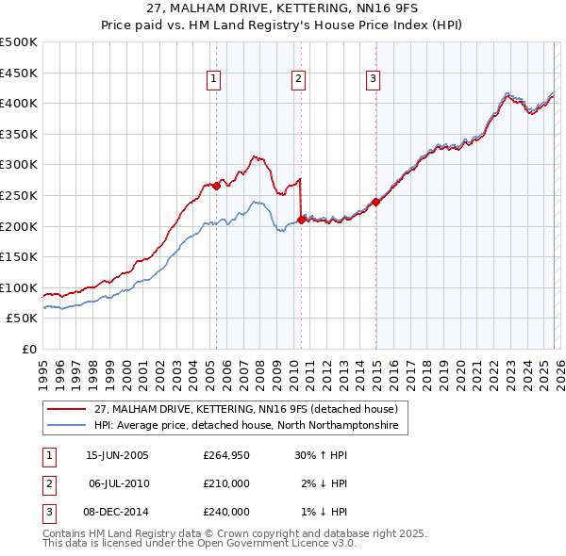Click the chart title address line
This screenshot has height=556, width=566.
pyautogui.click(x=282, y=9)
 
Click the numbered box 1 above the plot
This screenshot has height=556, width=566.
pyautogui.click(x=215, y=80)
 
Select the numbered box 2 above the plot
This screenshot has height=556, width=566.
pyautogui.click(x=298, y=80)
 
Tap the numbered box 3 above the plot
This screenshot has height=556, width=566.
pyautogui.click(x=374, y=80)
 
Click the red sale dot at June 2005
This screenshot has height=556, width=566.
pyautogui.click(x=216, y=186)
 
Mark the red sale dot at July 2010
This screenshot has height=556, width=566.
pyautogui.click(x=301, y=220)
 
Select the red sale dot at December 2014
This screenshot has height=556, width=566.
pyautogui.click(x=375, y=201)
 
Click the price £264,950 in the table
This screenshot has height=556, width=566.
pyautogui.click(x=225, y=455)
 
